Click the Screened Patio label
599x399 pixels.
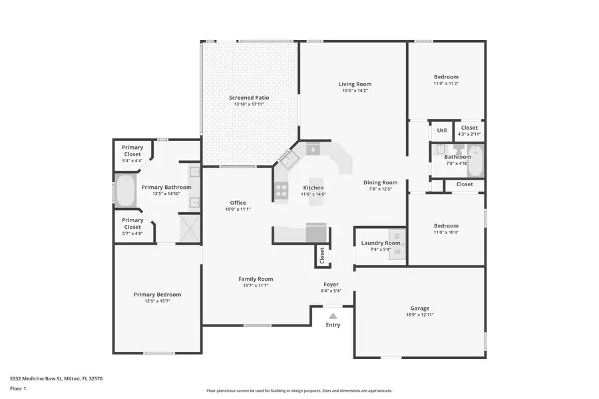click(x=250, y=98)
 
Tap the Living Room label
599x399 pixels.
click(x=355, y=84)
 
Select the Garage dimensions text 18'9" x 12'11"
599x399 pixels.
click(x=419, y=315)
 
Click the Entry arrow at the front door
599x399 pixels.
click(x=332, y=315)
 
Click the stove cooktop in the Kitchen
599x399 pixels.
click(x=280, y=192)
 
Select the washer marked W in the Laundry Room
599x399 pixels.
click(x=397, y=251)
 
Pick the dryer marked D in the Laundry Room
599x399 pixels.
click(x=397, y=237)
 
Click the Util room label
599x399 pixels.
click(x=441, y=131)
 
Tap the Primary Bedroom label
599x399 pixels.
click(x=157, y=295)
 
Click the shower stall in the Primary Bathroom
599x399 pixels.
click(x=190, y=228)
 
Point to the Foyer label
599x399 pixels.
click(x=331, y=284)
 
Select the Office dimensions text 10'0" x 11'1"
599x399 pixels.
click(x=238, y=209)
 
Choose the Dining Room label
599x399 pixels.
click(x=380, y=182)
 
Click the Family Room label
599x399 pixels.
click(x=256, y=279)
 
